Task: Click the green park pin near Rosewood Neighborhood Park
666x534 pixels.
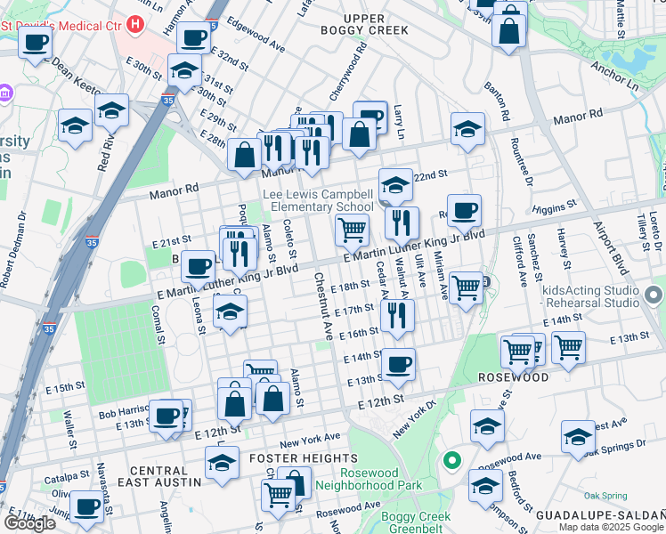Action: (452, 460)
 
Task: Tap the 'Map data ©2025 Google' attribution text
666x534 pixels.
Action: (611, 527)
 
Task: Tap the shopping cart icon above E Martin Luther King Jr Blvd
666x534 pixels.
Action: (353, 230)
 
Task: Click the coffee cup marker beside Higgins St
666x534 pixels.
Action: (464, 211)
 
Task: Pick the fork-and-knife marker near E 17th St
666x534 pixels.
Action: (397, 314)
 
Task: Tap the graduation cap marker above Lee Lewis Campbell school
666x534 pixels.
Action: (395, 184)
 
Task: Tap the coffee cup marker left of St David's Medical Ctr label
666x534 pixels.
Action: (36, 41)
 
